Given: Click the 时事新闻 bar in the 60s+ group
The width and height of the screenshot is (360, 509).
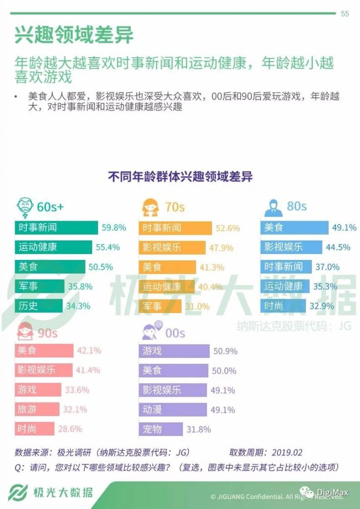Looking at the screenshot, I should (56, 228).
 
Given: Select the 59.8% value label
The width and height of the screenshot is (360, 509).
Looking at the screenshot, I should (114, 228).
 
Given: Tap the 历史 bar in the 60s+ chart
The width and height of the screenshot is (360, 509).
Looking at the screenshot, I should (38, 306).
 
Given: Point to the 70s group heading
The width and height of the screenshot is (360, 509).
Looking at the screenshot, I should (175, 206).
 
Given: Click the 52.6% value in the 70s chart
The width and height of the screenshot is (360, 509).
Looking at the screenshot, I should (228, 228).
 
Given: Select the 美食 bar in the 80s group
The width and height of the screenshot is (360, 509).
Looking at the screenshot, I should (294, 228).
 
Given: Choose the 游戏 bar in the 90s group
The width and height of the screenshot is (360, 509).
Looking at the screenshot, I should (38, 390).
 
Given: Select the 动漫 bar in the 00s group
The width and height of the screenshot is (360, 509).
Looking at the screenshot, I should (173, 410).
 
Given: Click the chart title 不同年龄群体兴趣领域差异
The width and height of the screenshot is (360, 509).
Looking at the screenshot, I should (180, 176).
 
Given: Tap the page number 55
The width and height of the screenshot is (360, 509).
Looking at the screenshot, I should (345, 14).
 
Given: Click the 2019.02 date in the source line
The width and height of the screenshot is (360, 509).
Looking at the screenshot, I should (287, 453).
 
